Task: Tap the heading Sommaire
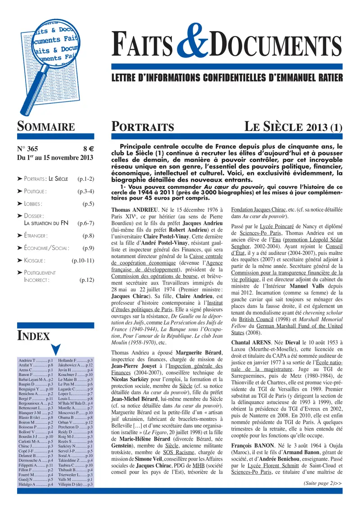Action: point(45,126)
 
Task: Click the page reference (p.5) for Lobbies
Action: point(88,204)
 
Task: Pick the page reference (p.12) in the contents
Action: point(86,280)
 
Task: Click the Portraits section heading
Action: point(143,127)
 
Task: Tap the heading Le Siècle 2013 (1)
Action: point(293,127)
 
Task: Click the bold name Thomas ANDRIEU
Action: point(133,210)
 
